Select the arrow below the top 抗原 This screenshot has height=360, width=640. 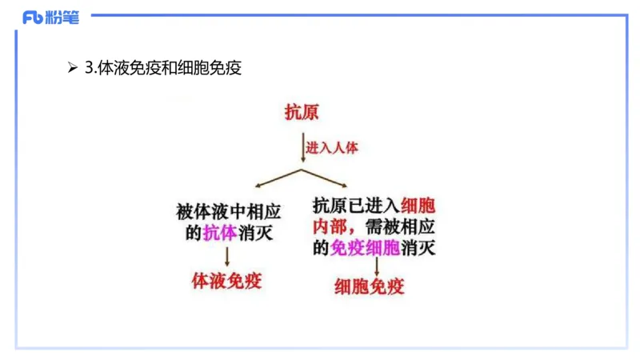pos(301,149)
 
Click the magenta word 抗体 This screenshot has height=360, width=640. pos(219,233)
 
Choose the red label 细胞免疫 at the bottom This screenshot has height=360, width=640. pos(370,286)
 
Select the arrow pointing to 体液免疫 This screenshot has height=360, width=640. pos(227,256)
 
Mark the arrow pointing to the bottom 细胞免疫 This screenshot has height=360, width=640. pos(377,267)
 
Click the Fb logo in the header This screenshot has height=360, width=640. pos(33,17)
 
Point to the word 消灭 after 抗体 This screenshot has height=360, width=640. pos(258,233)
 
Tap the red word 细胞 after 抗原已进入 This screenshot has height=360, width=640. pos(416,204)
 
